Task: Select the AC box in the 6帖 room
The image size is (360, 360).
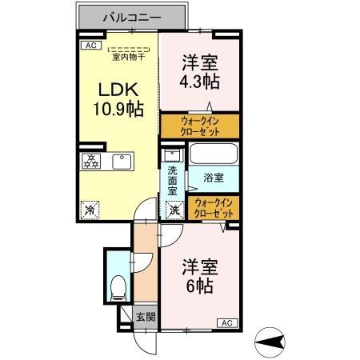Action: (226, 322)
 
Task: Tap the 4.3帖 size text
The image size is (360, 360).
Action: (200, 81)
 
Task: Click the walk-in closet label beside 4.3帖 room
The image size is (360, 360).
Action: (198, 126)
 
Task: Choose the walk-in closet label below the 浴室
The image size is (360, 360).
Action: (213, 209)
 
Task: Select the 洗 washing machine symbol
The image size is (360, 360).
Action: (174, 210)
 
